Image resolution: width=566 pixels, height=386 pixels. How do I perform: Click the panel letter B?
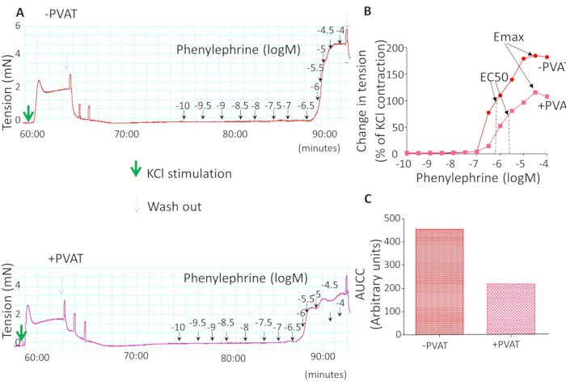tap(369, 11)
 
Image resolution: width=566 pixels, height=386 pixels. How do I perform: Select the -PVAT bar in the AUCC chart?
tap(440, 281)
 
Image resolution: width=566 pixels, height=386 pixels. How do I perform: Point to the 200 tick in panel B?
tap(393, 48)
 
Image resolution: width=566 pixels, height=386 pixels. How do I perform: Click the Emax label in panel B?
tap(511, 38)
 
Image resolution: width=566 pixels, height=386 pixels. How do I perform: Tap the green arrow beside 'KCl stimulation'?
tap(135, 172)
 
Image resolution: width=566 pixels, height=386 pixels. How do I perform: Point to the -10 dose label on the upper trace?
tap(183, 106)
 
